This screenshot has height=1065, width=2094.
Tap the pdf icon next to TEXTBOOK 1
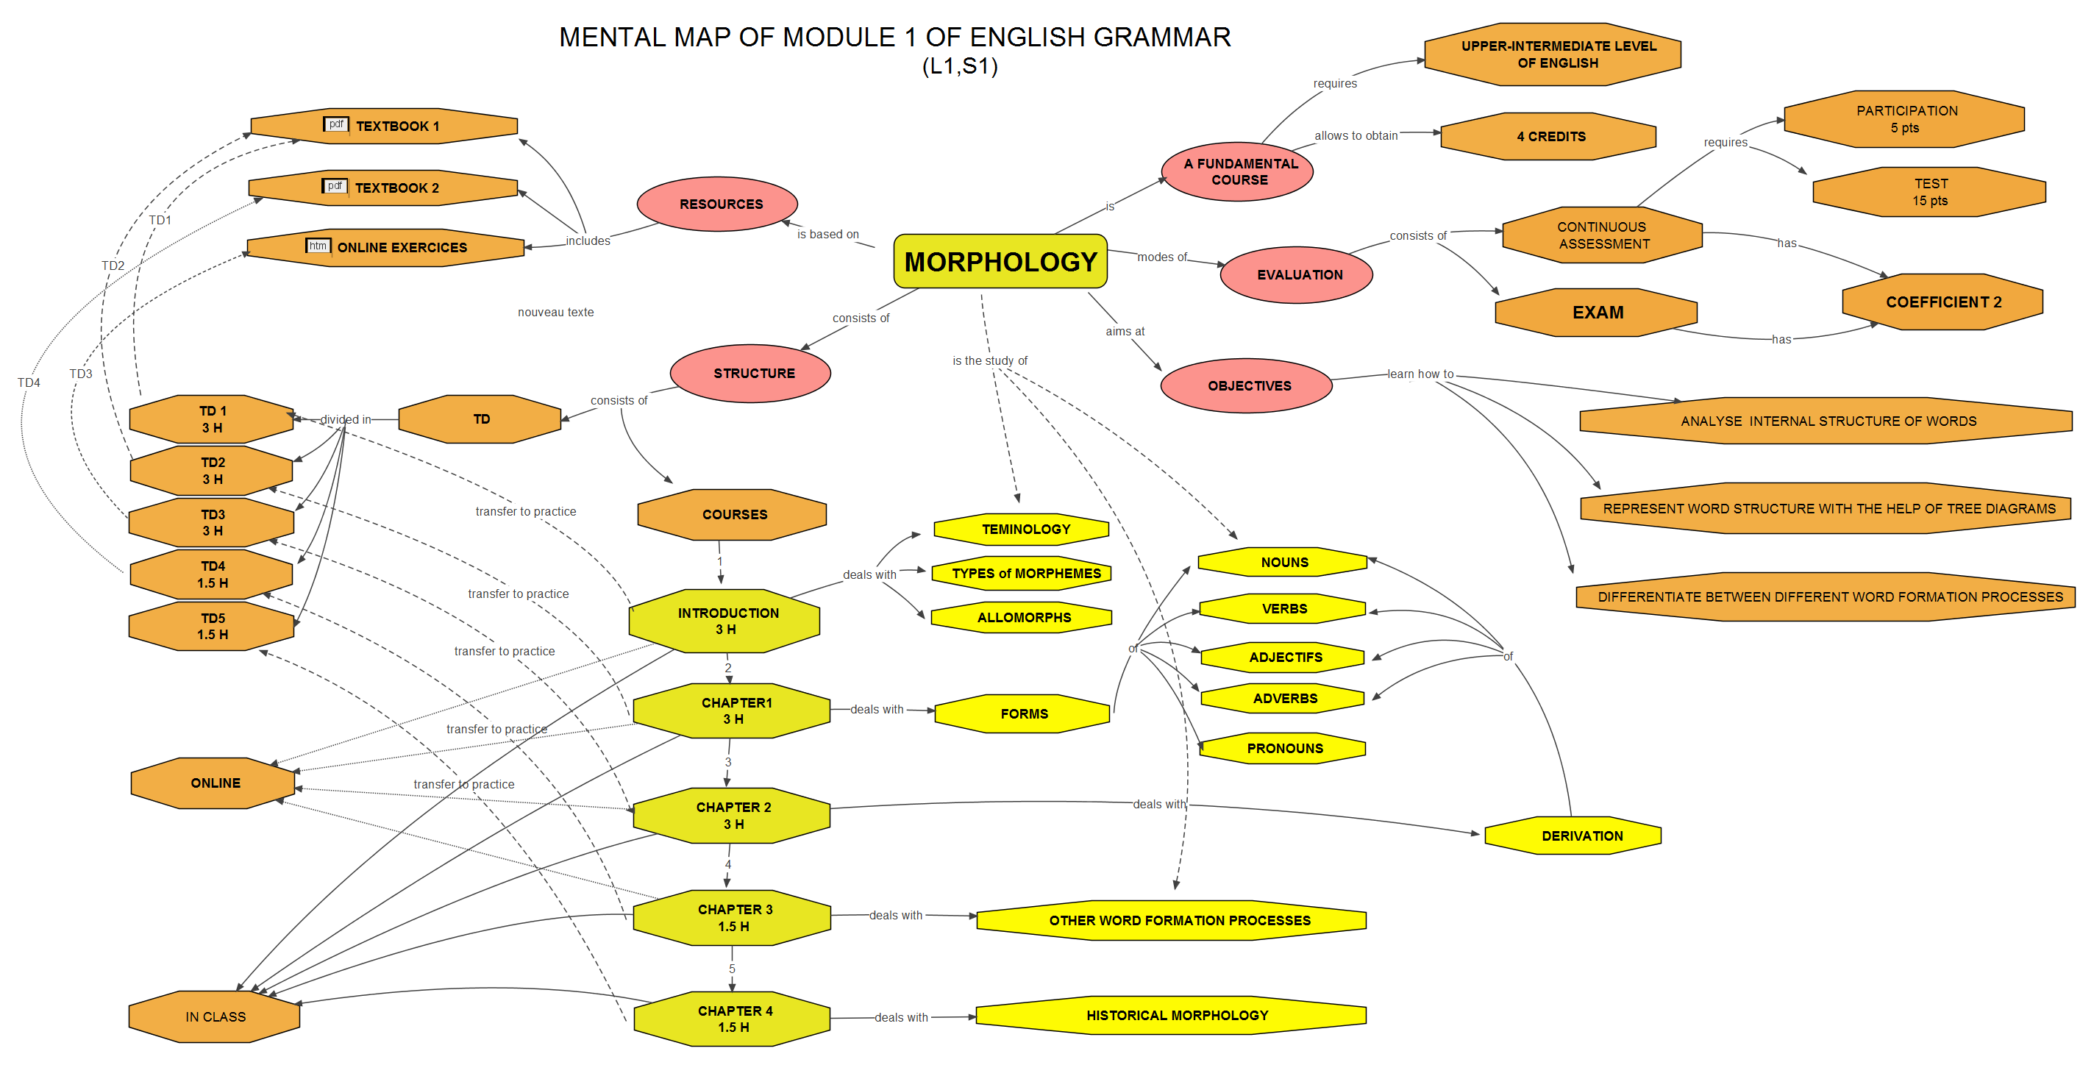[335, 124]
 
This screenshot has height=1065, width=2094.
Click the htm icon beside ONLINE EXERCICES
[318, 246]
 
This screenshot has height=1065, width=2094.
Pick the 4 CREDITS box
[1550, 137]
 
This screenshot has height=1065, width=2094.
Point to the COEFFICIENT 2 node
[1942, 302]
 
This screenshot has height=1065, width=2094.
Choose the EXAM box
[1597, 312]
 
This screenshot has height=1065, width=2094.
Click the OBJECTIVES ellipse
[1247, 385]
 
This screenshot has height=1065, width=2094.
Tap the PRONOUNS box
[1283, 748]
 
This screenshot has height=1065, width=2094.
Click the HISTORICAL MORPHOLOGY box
[1175, 1016]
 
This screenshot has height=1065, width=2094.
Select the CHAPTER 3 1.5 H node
[733, 918]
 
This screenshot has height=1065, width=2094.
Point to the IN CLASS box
[215, 1016]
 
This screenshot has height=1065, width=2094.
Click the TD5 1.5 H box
[212, 626]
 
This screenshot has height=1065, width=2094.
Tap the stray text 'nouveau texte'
[555, 312]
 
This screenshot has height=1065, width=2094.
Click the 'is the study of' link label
[989, 360]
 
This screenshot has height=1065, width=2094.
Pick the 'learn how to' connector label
[1420, 374]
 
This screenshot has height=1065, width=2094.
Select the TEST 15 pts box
[1929, 192]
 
